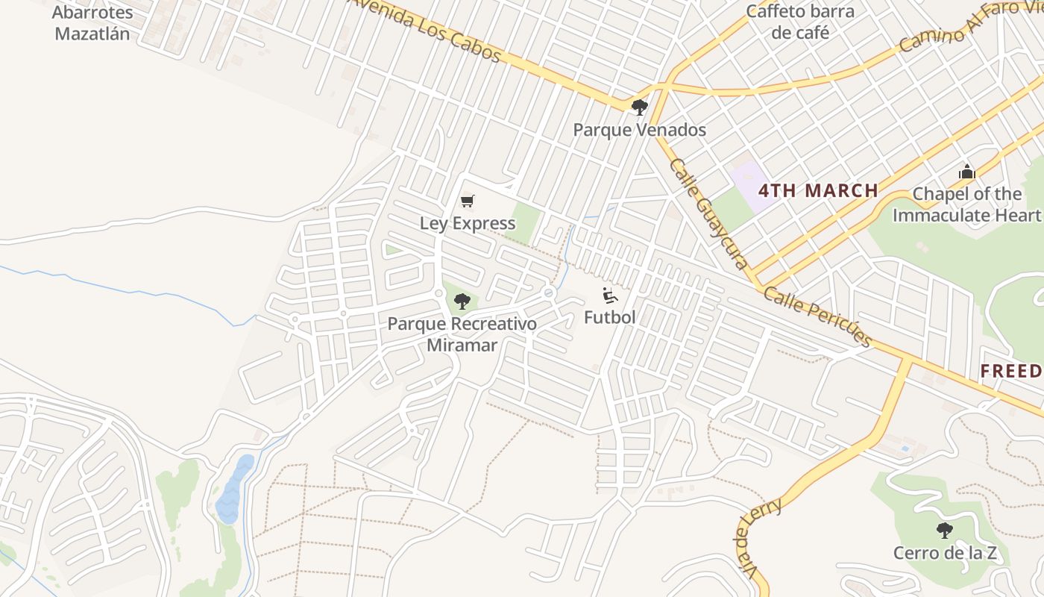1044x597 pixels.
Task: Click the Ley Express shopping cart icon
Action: pos(468,201)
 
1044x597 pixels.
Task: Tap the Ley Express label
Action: pos(468,223)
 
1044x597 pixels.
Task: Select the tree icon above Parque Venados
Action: pos(639,107)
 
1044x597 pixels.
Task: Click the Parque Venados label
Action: pos(639,130)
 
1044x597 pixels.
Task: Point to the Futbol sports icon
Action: pos(610,296)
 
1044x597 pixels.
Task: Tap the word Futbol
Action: pos(610,317)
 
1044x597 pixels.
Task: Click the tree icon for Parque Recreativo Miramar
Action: pos(462,301)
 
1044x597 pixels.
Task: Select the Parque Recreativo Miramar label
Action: pos(462,334)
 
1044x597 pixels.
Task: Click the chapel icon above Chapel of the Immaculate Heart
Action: pos(967,172)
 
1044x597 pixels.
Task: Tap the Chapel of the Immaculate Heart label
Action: pos(967,204)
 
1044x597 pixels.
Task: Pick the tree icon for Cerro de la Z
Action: pos(945,531)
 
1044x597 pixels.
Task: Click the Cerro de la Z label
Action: pos(945,553)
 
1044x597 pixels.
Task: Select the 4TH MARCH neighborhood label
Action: pos(818,190)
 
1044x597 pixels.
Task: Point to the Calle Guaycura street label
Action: pos(708,213)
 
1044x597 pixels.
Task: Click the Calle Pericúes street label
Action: pos(817,316)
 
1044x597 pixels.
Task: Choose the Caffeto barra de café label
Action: pos(800,22)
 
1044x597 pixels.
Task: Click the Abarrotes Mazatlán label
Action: pos(92,23)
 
